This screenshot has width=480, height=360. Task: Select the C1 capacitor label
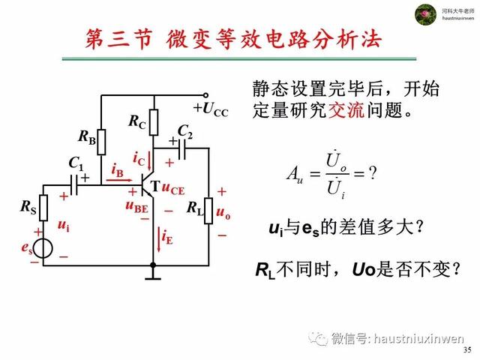click(76, 163)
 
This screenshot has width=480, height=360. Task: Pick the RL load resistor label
click(196, 207)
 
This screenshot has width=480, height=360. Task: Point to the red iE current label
click(166, 238)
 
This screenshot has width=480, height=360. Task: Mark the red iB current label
click(118, 170)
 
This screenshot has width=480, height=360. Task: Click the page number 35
click(467, 350)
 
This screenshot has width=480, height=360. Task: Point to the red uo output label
click(223, 213)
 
